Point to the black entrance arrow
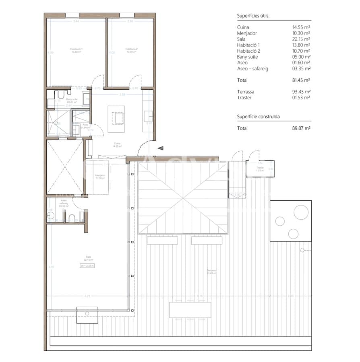(160, 148)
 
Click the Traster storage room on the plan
(260, 169)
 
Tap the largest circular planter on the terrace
(301, 212)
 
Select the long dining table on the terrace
(190, 310)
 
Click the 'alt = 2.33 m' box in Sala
(87, 266)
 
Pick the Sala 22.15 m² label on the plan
(88, 258)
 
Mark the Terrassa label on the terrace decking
(212, 272)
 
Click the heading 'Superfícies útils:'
(253, 16)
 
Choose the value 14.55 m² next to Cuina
(301, 27)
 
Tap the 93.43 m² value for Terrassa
(301, 92)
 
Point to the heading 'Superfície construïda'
(258, 117)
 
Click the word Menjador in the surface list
(247, 33)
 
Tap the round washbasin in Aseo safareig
(51, 216)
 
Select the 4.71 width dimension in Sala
(87, 296)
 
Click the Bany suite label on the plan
(72, 101)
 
